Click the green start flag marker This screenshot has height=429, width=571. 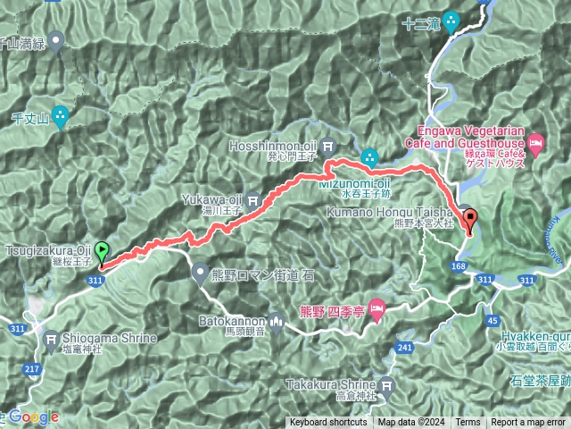(x=103, y=253)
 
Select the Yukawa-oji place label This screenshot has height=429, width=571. (x=211, y=199)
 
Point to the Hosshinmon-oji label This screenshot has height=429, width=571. (x=277, y=142)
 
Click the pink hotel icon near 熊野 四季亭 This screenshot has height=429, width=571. (x=377, y=309)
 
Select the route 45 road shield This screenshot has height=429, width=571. (x=492, y=320)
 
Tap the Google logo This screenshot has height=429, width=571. (x=33, y=416)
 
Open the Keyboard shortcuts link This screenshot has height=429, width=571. (x=327, y=423)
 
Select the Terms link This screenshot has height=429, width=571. (x=468, y=423)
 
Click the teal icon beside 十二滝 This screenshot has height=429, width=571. (x=451, y=21)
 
